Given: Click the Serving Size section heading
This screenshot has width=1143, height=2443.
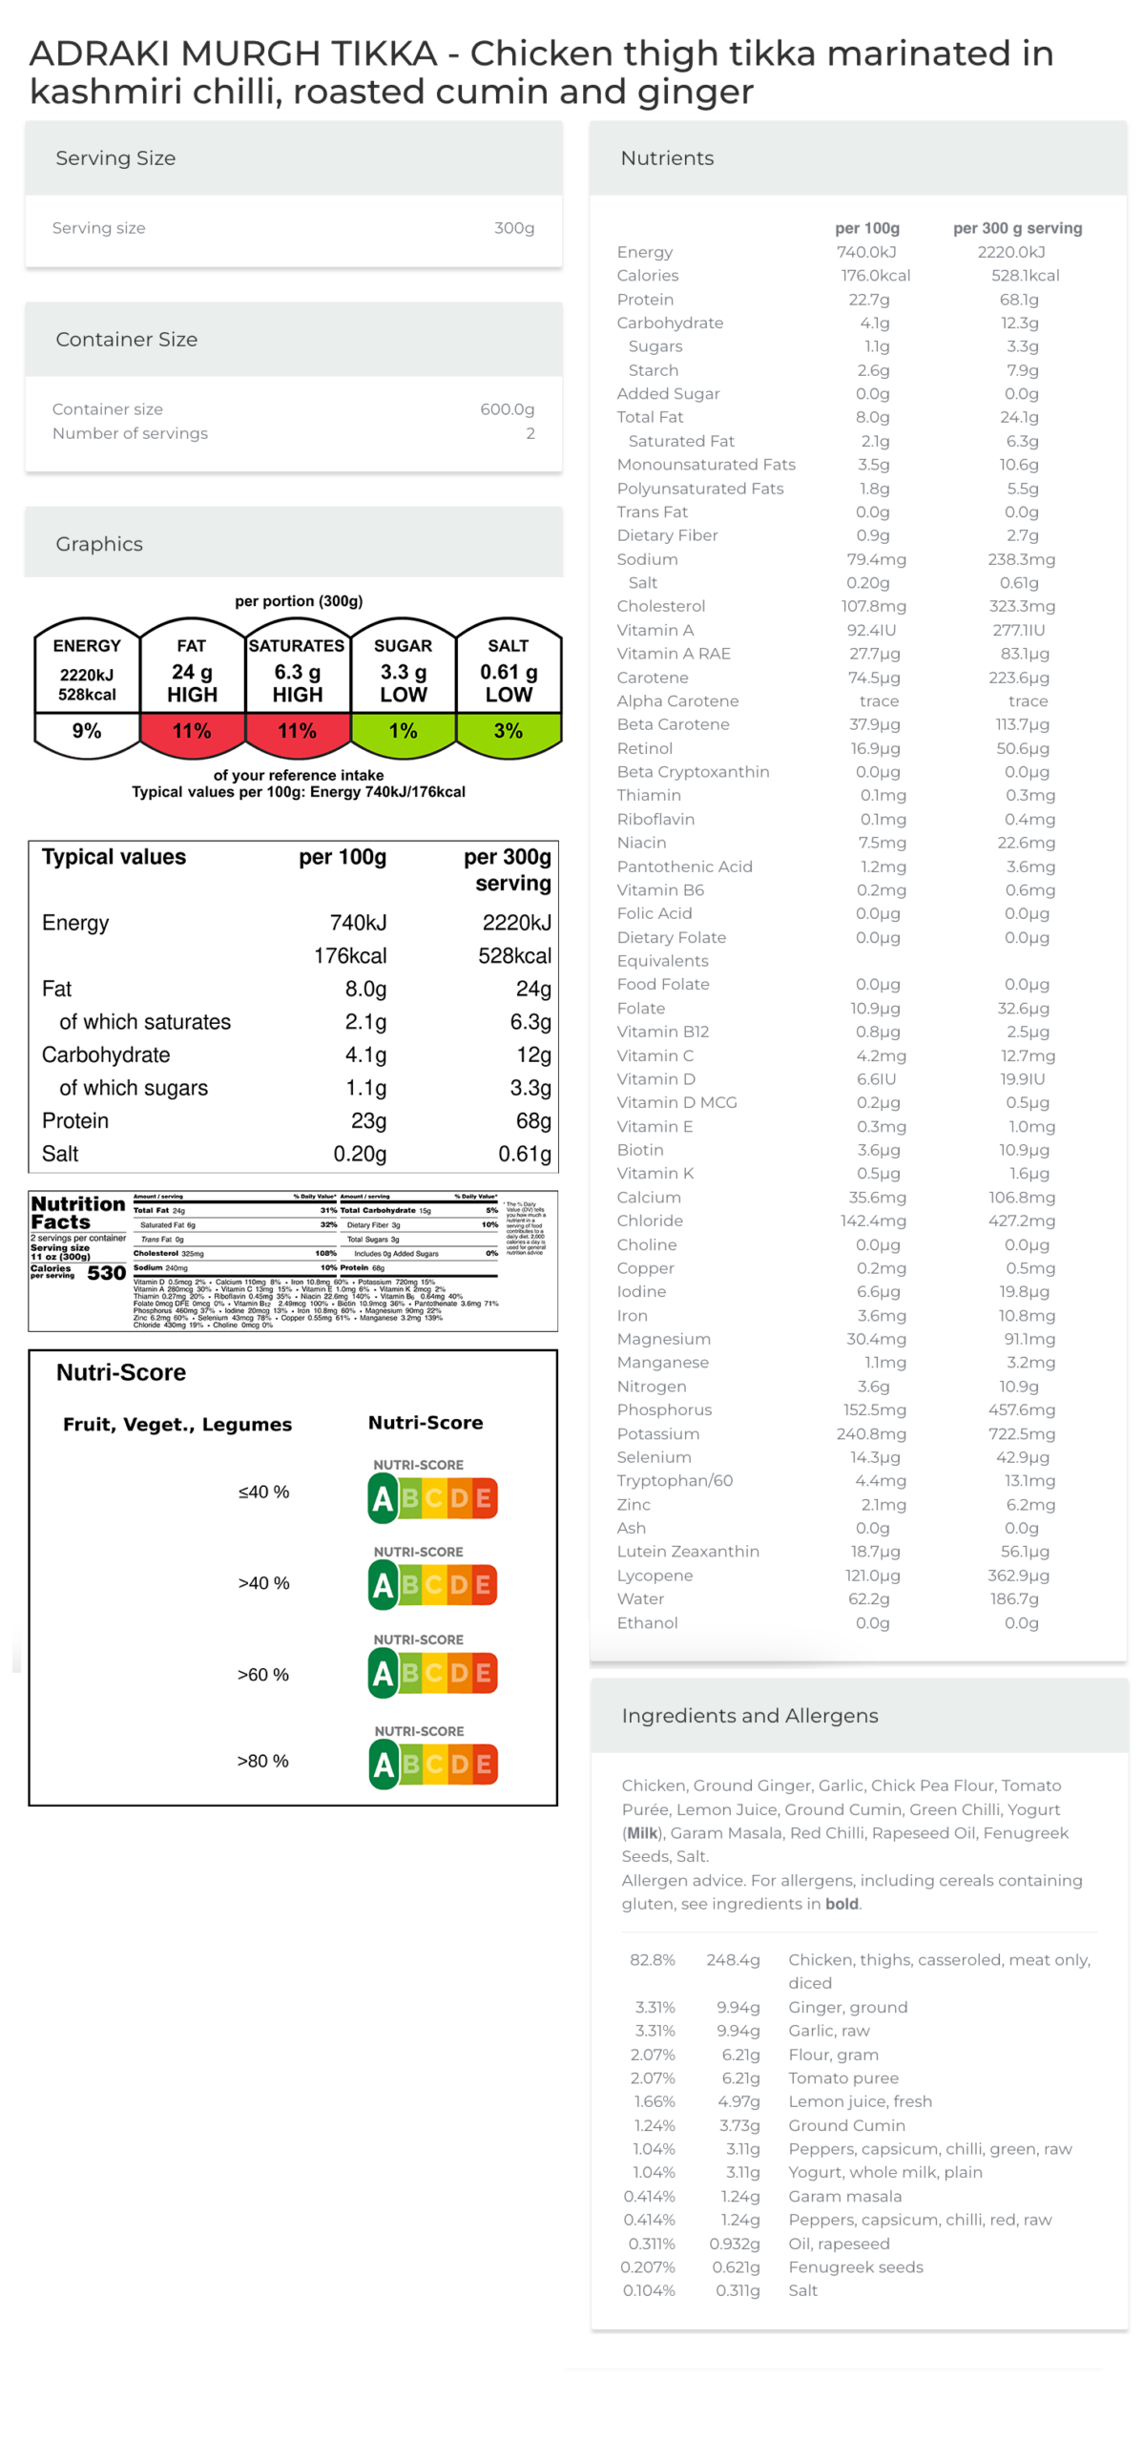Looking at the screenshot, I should [115, 158].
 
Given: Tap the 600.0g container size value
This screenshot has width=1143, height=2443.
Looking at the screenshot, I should [506, 408].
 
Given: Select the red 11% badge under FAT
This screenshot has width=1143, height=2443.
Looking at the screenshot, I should [192, 730].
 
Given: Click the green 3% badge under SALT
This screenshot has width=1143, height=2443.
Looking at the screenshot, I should [508, 730].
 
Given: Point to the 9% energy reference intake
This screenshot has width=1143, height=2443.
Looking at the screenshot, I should [87, 730].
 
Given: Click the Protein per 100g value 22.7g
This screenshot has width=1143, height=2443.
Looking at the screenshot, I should [868, 299].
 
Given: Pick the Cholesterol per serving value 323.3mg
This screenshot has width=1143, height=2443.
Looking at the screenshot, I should [1020, 605].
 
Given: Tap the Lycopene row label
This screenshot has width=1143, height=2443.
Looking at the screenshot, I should [654, 1575].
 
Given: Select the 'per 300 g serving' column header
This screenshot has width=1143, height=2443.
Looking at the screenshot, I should [1016, 228].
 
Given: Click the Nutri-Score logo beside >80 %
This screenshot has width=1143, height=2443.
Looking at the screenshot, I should [432, 1764].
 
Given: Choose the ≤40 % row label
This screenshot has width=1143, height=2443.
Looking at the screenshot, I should [263, 1492].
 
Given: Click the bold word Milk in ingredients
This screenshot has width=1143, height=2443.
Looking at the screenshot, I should [641, 1832].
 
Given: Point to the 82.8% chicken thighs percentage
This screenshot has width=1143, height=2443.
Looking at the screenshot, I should [652, 1959].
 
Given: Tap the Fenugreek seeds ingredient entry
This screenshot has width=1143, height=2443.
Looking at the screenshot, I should [855, 2266].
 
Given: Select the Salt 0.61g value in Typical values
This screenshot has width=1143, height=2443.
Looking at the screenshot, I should [524, 1154].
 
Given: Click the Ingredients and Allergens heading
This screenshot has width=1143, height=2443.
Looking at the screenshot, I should [749, 1715].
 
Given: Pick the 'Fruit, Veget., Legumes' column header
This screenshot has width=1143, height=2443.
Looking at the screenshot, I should [177, 1424].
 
